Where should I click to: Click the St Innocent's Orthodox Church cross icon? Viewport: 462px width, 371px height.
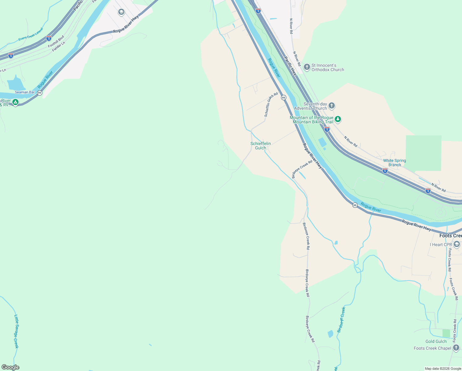point(307,67)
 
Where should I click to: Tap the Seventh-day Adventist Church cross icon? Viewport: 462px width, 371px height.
point(331,106)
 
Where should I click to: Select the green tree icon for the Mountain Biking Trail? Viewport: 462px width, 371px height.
point(338,119)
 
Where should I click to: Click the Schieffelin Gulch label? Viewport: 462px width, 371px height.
point(261,146)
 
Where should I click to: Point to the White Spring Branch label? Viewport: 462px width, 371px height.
point(394,163)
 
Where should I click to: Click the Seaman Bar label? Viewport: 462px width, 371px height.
point(25,92)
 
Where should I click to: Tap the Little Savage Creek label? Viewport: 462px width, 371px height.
point(16,331)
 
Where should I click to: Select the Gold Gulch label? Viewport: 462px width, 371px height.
point(436,341)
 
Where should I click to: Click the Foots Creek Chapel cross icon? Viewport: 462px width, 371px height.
point(456,348)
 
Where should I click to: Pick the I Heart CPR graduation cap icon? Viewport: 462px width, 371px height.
point(457,245)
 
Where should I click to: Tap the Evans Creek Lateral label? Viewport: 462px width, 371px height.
point(31,34)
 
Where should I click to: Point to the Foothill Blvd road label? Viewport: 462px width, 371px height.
point(56,41)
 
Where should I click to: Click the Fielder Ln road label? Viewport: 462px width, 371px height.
point(59,47)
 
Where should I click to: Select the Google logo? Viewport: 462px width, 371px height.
point(10,367)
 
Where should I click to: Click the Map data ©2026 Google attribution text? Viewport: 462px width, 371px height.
point(443,369)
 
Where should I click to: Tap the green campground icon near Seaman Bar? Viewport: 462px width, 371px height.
point(15,102)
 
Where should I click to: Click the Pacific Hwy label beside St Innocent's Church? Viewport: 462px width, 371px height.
point(290,66)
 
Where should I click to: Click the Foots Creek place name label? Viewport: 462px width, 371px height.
point(451,236)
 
